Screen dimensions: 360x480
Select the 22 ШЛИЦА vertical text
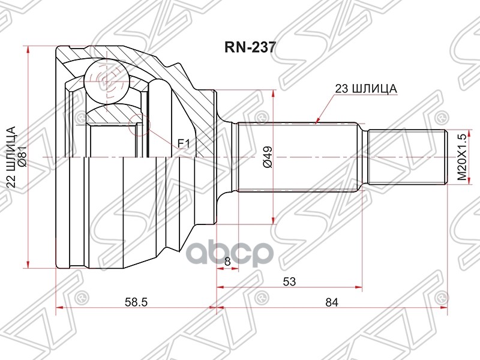pyautogui.click(x=10, y=157)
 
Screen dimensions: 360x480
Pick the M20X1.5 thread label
pyautogui.click(x=461, y=157)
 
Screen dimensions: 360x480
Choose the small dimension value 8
pyautogui.click(x=227, y=261)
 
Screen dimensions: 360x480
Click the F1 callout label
pyautogui.click(x=182, y=143)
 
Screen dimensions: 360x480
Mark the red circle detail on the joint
pyautogui.click(x=139, y=124)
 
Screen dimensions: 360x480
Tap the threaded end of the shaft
pyautogui.click(x=408, y=157)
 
